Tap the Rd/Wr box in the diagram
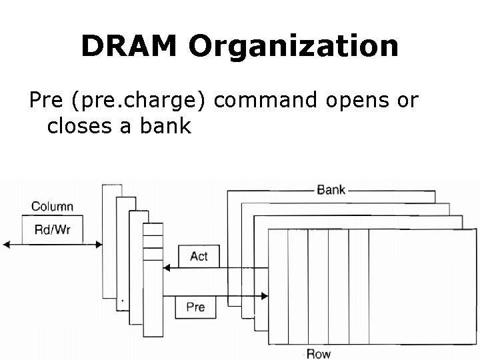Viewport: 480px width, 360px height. click(53, 229)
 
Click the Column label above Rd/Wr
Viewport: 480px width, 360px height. click(52, 207)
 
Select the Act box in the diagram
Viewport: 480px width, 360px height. click(199, 256)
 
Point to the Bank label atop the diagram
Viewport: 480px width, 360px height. click(331, 190)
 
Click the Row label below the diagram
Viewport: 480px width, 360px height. click(318, 353)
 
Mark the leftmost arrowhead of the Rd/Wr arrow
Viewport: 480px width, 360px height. click(6, 245)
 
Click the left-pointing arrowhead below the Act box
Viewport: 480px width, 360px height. click(167, 268)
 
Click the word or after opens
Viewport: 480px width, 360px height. click(407, 101)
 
